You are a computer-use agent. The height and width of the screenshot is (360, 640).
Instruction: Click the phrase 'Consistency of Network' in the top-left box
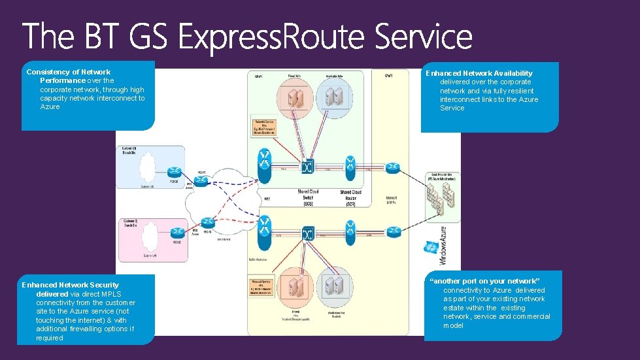point(68,72)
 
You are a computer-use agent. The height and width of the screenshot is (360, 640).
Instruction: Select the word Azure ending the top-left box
point(50,106)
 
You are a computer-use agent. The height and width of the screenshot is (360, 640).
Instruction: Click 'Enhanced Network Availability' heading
point(479,73)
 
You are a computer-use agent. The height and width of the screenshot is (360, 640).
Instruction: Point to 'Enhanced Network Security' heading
point(71,285)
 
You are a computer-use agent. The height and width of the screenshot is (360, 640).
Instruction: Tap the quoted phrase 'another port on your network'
point(484,281)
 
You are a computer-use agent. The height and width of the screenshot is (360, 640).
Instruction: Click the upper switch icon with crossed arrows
point(307,167)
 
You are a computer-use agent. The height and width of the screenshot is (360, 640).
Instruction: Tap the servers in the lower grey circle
point(335,286)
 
